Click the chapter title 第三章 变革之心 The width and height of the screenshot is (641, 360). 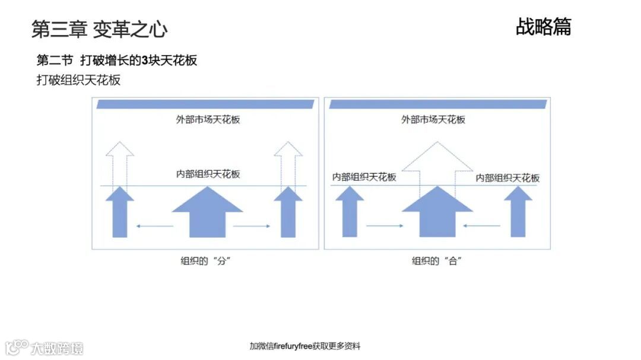click(99, 28)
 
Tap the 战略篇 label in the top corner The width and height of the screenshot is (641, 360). click(543, 27)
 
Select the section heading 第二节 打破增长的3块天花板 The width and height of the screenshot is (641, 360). click(117, 60)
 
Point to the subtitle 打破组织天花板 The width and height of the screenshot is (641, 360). click(79, 79)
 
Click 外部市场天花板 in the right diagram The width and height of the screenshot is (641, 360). click(433, 119)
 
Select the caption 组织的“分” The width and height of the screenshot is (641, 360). click(205, 261)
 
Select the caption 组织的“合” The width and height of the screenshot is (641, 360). click(437, 261)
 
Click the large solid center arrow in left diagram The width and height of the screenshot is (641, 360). click(207, 214)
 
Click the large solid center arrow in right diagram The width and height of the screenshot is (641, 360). click(437, 214)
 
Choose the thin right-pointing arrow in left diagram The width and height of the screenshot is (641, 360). click(252, 225)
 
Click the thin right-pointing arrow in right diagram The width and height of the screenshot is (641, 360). click(385, 225)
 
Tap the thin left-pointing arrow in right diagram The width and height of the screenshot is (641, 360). click(482, 225)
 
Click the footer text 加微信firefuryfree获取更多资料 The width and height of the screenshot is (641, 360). click(304, 346)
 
